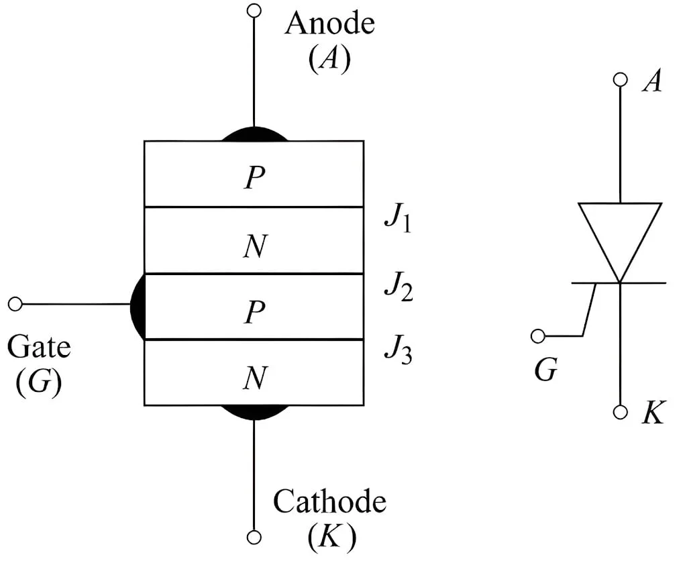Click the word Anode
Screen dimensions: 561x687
pos(329,25)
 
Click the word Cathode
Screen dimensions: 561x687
pos(329,501)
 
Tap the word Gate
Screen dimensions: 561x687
pos(38,348)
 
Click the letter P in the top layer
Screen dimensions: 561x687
pos(254,178)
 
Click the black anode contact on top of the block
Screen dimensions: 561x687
pos(254,134)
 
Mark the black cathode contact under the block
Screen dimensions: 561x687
pos(254,412)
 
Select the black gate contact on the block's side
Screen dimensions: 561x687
pos(138,306)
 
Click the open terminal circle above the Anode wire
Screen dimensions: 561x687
pos(254,11)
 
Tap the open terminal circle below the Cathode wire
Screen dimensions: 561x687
pos(254,537)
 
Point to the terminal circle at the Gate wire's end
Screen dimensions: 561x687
pos(15,304)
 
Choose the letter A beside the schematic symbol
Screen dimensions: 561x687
pos(651,83)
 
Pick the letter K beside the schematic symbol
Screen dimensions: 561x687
pos(652,414)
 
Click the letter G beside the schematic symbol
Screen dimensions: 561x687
pos(545,370)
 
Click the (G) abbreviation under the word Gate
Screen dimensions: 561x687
pos(38,380)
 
